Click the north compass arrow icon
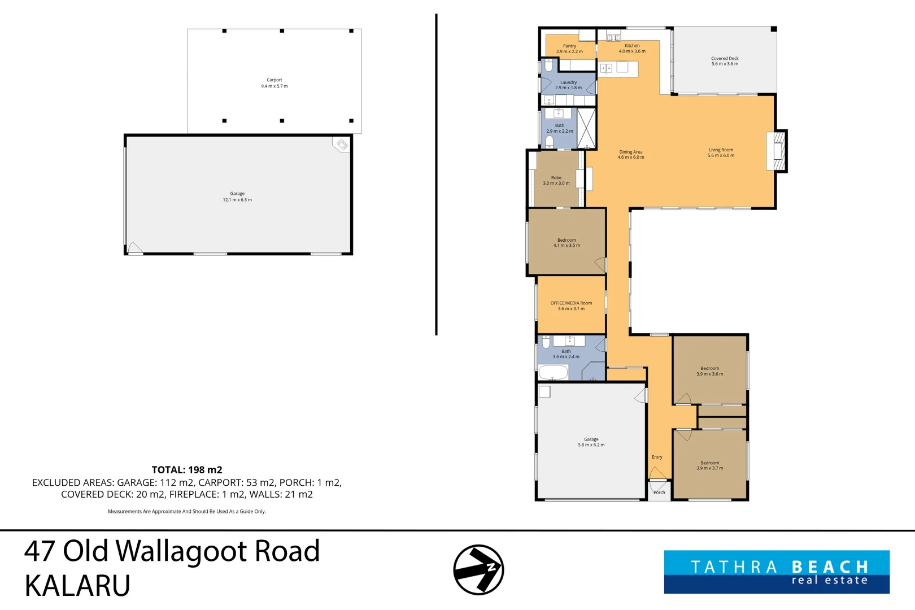point(478,570)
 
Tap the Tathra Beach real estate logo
point(777,572)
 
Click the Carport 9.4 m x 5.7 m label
point(274,83)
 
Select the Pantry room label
point(569,49)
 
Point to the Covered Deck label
point(725,61)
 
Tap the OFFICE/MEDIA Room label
point(571,306)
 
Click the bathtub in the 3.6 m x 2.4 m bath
point(553,372)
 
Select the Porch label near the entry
point(659,493)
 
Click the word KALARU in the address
point(77,585)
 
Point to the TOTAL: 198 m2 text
point(187,470)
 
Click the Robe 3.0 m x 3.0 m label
point(556,180)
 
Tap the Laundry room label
point(568,85)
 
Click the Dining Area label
point(630,154)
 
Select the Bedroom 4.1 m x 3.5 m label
point(567,243)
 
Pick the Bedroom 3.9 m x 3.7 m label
point(709,465)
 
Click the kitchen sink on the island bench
point(606,69)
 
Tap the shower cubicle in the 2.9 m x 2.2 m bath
point(586,128)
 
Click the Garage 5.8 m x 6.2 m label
point(591,442)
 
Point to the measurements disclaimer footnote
point(187,511)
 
